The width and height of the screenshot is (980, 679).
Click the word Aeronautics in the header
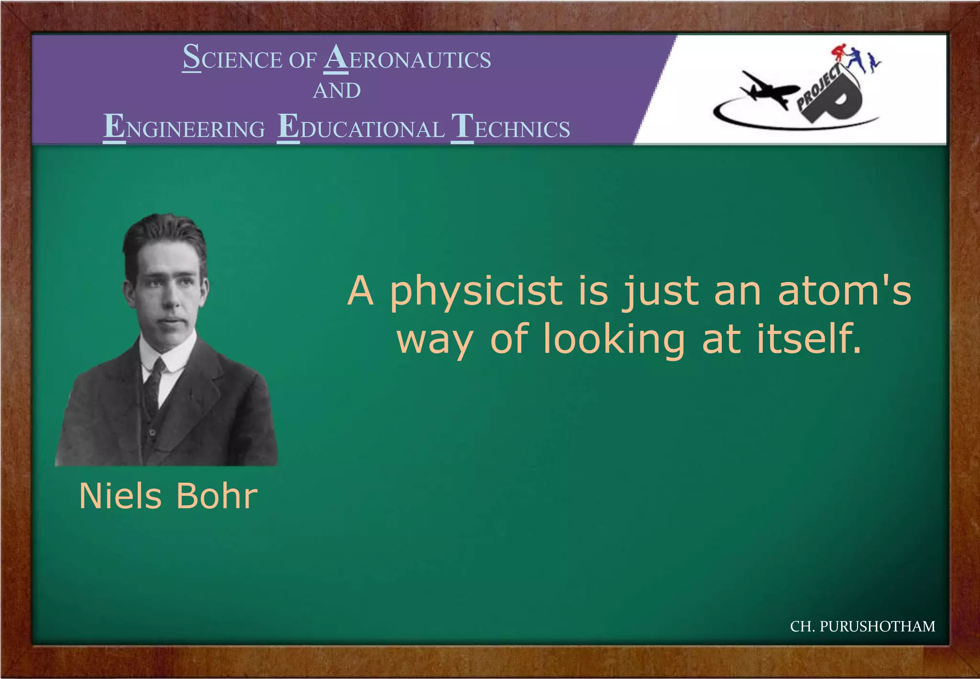(x=408, y=59)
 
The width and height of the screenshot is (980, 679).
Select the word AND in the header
(x=337, y=91)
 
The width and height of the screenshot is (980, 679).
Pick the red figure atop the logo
(x=839, y=53)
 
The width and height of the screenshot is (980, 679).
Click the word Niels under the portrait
(x=121, y=496)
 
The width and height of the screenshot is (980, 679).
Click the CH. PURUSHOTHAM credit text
(x=862, y=626)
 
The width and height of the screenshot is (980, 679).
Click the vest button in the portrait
(x=152, y=432)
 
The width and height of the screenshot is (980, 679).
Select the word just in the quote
(x=661, y=292)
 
